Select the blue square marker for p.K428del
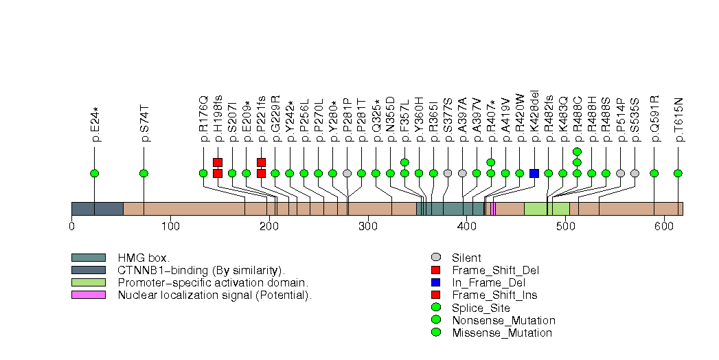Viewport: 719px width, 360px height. tap(534, 173)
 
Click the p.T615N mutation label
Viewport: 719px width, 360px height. tap(678, 122)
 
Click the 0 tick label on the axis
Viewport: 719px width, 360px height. tap(71, 226)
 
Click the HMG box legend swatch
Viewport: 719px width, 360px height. tap(88, 258)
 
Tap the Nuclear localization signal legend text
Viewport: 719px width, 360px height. tap(214, 295)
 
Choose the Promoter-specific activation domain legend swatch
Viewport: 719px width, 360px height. tap(88, 282)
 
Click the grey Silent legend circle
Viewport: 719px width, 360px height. tap(435, 258)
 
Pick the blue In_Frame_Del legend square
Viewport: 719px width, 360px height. tap(435, 283)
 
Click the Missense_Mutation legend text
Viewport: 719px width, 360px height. tap(501, 333)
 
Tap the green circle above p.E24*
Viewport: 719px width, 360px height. tap(95, 173)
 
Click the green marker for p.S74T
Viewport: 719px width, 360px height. tap(144, 173)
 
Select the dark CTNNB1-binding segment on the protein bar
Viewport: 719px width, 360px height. tap(97, 209)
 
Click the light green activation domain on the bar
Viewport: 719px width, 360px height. tap(547, 209)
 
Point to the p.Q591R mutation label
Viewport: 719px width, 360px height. tap(654, 122)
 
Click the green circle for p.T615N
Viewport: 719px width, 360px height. tap(678, 173)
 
